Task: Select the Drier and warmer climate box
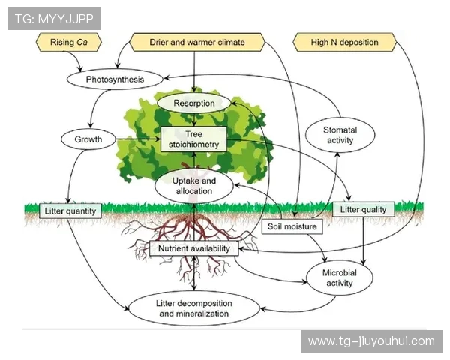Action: coord(197,43)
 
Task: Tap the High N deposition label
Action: coord(345,43)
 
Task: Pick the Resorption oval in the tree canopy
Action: coord(194,103)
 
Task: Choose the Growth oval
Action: coord(88,139)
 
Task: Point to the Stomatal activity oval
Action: coord(340,135)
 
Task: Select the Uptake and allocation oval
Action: coord(194,186)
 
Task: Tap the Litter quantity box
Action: coord(70,211)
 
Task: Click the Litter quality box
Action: coord(363,210)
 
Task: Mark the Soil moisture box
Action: coord(293,226)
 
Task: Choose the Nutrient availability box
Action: coord(194,247)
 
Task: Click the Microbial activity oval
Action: coord(340,278)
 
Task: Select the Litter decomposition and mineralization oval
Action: coord(194,307)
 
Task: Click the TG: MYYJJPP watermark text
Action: coord(54,19)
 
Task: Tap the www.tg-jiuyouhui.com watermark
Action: coord(371,341)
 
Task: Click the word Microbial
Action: coord(340,273)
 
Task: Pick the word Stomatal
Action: coord(340,130)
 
